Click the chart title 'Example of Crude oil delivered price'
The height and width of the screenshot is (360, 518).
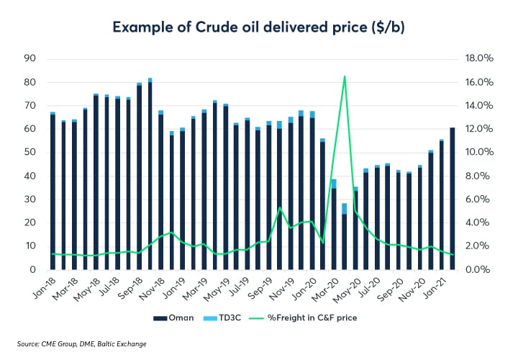click(258, 28)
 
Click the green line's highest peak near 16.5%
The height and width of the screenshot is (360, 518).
click(345, 76)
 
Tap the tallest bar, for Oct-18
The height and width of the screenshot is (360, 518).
click(150, 175)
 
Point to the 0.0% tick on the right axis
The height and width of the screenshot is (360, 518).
click(478, 269)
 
